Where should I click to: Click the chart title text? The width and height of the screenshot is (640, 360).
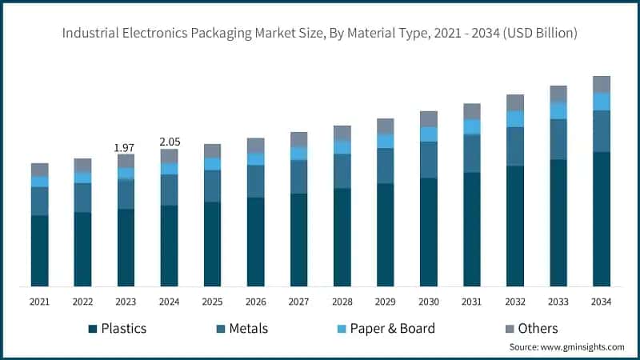[x=320, y=33]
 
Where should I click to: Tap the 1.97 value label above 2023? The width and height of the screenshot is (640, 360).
[x=125, y=147]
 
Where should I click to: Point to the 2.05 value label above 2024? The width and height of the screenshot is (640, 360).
[x=169, y=142]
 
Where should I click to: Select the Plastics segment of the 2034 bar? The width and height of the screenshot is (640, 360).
[x=601, y=218]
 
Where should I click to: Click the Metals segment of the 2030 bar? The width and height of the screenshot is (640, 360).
[x=428, y=160]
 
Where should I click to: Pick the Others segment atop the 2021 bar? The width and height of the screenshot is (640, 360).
[x=40, y=170]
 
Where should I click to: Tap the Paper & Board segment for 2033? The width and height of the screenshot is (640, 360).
[x=558, y=110]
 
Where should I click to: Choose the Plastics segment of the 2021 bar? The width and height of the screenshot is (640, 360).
[x=40, y=250]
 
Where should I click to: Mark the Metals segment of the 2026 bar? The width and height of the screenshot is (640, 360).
[x=255, y=182]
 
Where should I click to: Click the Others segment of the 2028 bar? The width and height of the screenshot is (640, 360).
[x=342, y=133]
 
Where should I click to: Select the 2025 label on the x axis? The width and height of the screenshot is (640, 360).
[x=212, y=302]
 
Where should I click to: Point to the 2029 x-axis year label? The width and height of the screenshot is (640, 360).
[x=385, y=302]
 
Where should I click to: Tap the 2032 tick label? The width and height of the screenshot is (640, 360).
[x=514, y=302]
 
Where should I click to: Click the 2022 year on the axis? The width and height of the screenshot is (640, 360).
[x=82, y=302]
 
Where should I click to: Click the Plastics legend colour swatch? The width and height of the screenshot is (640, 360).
[x=93, y=329]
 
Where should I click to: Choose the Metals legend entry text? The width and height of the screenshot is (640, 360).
[x=248, y=329]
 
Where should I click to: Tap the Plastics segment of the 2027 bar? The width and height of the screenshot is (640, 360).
[x=298, y=239]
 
